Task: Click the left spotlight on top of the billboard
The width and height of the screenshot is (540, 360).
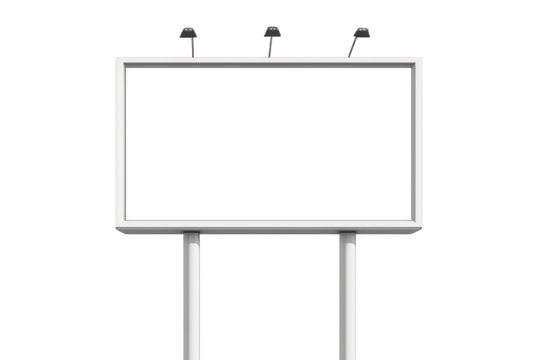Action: coord(188,34)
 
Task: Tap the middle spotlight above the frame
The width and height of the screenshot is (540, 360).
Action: coord(272,33)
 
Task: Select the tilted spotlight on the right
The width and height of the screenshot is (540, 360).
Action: coord(361,35)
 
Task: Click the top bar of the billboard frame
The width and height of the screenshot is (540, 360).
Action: coord(268,63)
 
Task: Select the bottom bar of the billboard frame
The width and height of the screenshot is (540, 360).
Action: coord(268,222)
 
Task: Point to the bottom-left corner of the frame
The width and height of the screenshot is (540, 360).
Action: coord(121,223)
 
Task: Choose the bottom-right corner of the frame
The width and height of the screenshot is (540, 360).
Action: coord(415,223)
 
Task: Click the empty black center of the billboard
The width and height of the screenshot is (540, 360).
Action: coord(268,142)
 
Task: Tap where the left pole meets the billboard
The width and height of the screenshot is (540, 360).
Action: coord(190,237)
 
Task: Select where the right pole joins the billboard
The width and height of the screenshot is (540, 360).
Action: coord(347,237)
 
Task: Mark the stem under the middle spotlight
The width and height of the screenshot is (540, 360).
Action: coord(271,47)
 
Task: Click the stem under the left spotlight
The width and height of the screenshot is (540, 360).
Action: coord(191,48)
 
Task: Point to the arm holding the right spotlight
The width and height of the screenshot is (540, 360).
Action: coord(353,48)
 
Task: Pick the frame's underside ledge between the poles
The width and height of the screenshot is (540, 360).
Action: coord(268,231)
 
